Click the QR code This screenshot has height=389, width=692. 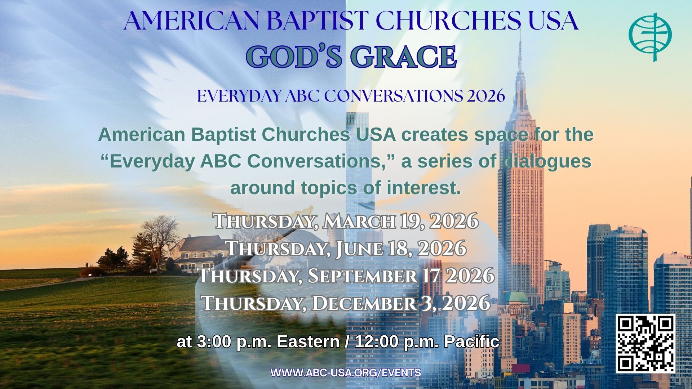point(645,343)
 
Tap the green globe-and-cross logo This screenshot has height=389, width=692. point(650,37)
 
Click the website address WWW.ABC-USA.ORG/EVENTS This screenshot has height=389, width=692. point(346,373)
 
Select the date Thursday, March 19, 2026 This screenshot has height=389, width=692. point(346,221)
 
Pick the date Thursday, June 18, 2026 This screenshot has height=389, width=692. point(346,249)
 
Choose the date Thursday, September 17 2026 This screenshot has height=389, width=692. point(346,276)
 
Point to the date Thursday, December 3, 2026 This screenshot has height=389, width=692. point(346,303)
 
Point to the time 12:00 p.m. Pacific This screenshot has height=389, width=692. point(427,342)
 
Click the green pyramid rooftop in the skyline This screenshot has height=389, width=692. point(516,297)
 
